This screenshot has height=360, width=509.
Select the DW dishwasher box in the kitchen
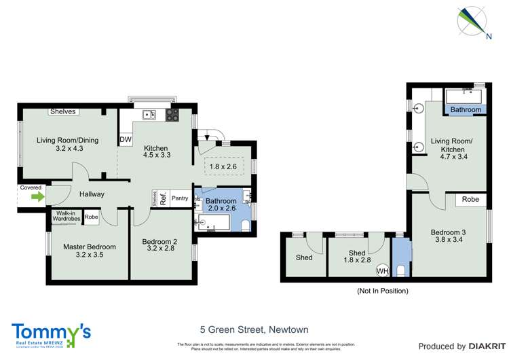(126, 140)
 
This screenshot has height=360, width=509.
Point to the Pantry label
(180, 198)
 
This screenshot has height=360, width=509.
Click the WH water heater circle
(383, 270)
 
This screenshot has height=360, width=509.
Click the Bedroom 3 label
(449, 237)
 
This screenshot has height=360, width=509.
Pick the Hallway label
(92, 194)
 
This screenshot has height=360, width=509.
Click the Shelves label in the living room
(63, 111)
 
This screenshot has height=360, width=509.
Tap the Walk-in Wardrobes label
(66, 217)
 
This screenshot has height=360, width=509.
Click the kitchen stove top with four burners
(172, 114)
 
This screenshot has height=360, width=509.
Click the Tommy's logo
(51, 333)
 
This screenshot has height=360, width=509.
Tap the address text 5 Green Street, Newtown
(254, 329)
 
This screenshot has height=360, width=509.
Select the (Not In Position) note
(382, 291)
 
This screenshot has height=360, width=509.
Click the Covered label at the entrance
(31, 187)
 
